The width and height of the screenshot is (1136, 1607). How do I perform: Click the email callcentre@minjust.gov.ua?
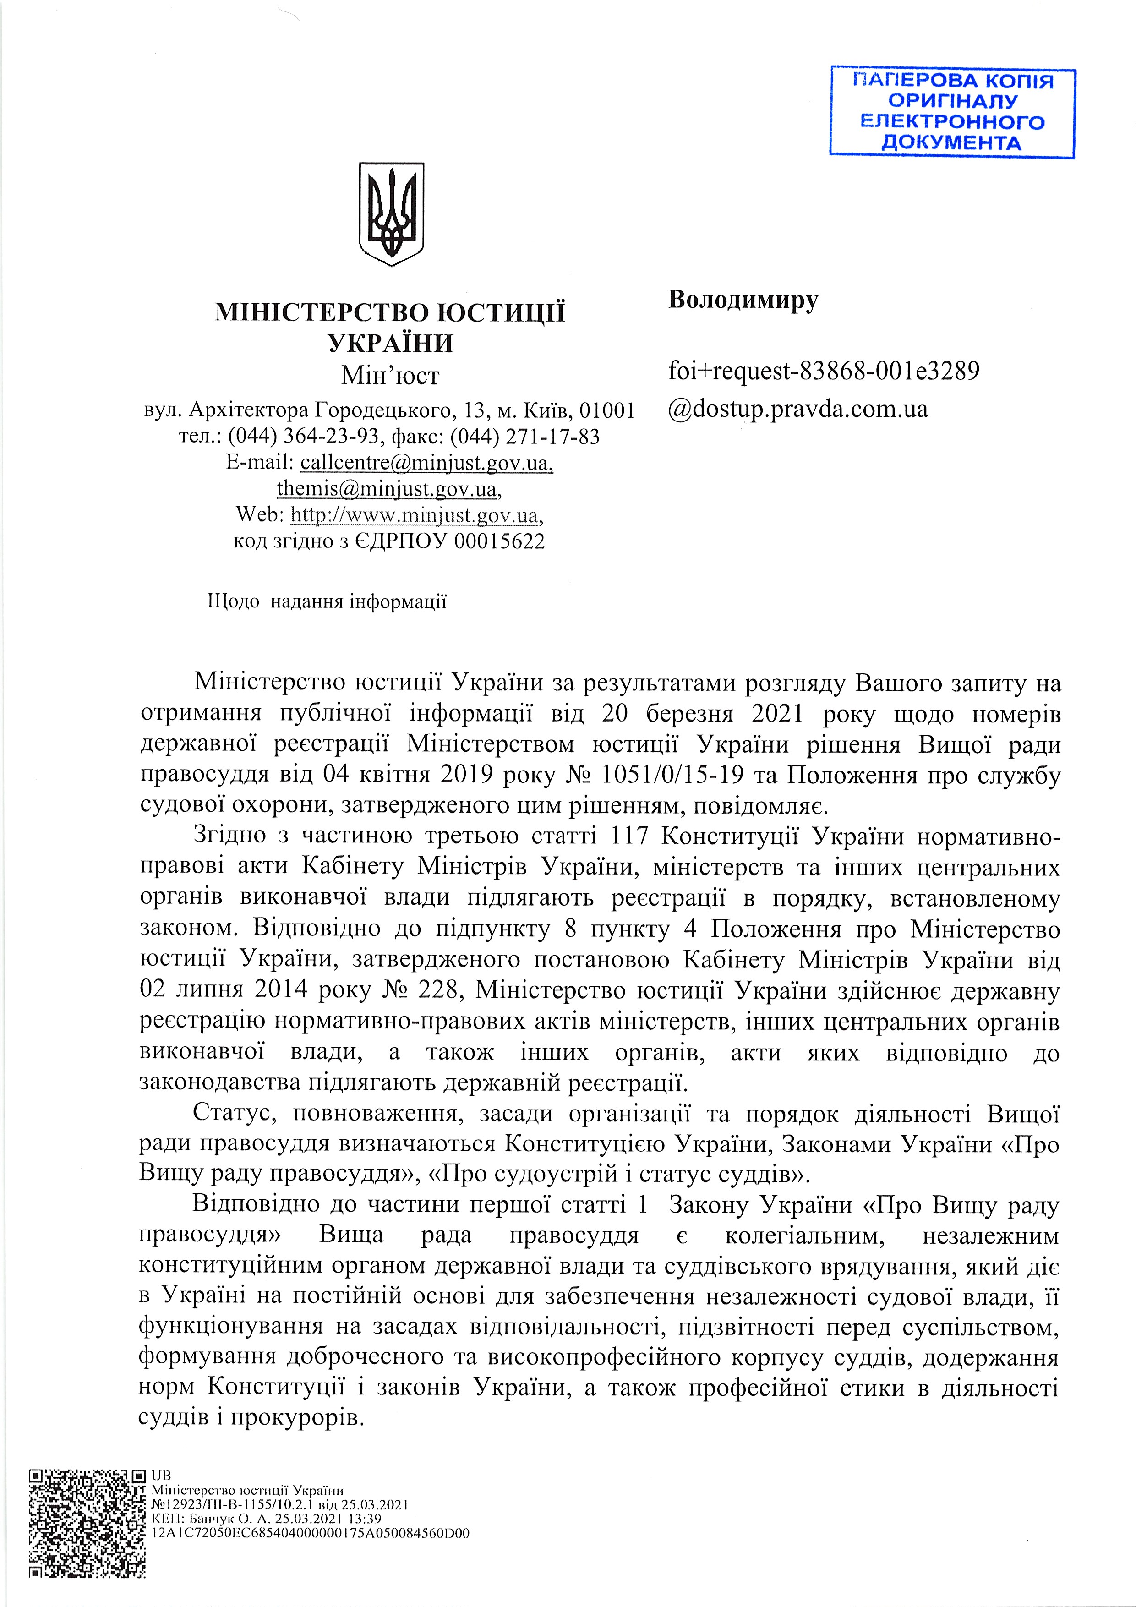[426, 463]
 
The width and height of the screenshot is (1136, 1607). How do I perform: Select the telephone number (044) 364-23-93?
[304, 436]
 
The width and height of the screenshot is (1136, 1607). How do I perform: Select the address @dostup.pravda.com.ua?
[798, 409]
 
